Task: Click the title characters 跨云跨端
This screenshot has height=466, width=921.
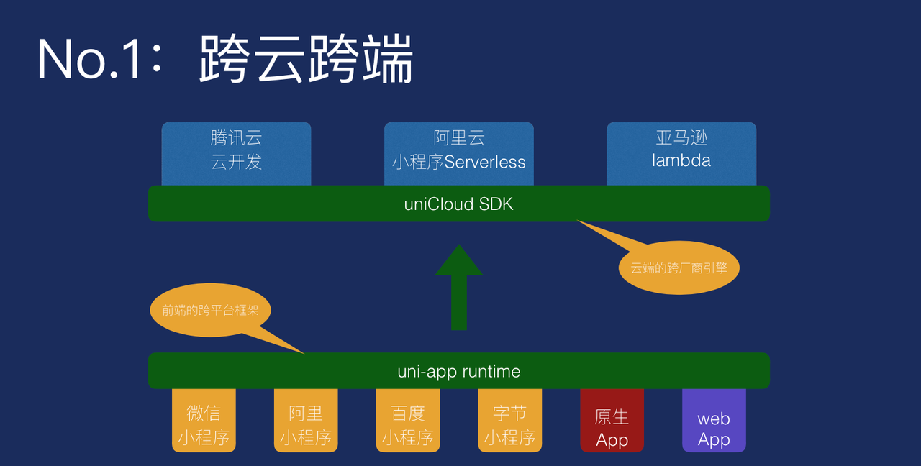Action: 307,59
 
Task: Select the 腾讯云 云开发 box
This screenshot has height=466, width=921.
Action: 236,150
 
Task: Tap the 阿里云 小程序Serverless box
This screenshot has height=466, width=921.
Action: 459,150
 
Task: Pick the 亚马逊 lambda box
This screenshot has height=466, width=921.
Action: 681,150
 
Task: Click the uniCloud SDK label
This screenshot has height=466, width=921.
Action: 459,204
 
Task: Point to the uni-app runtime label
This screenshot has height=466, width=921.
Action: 459,371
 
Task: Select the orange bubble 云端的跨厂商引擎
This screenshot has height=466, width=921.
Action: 679,268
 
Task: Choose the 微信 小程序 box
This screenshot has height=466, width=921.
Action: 204,424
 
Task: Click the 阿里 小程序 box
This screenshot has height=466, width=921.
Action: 306,424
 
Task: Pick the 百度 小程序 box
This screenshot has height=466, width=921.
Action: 408,424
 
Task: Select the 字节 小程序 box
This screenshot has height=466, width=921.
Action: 510,424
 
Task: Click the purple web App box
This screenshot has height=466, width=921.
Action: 714,428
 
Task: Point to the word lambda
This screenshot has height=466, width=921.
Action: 681,160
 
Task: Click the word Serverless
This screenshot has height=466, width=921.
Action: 485,162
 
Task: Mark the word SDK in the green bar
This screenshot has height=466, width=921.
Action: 496,204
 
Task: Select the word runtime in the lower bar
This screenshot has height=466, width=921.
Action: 491,372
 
